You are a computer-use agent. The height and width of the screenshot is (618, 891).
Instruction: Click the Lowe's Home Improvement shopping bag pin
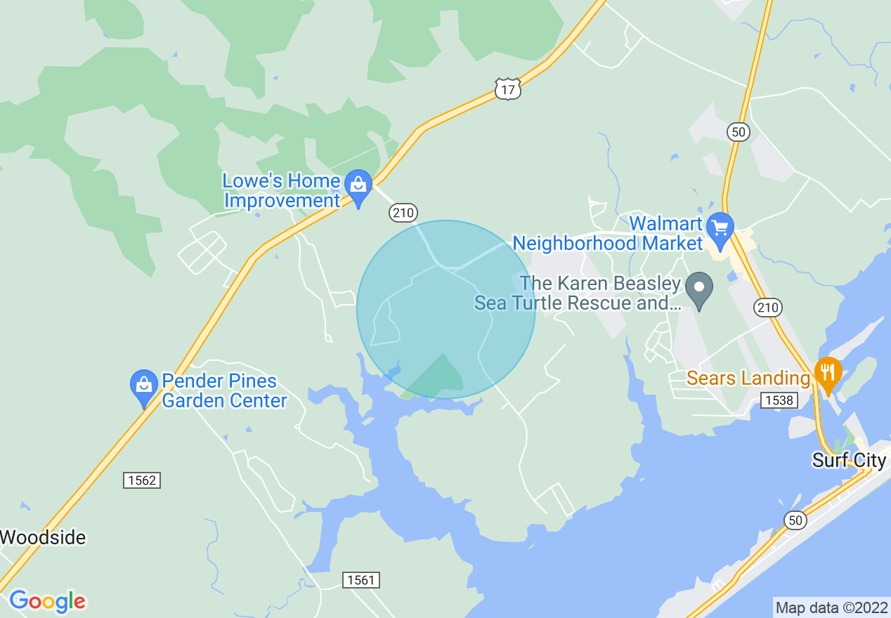coord(359,186)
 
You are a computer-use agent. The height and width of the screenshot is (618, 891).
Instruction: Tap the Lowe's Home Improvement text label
coord(281,191)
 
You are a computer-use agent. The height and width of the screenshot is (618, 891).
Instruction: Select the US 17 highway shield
coord(507,88)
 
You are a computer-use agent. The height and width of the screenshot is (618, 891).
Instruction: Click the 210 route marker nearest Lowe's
coord(403,212)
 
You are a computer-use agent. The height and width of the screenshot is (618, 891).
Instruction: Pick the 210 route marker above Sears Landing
coord(768,307)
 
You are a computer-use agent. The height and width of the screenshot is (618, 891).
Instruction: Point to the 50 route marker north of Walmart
coord(739,131)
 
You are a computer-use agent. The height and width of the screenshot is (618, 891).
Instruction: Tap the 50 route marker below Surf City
coord(794,520)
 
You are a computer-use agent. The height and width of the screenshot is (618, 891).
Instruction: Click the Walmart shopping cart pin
coord(720,229)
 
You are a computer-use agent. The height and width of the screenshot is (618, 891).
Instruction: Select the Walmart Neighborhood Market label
coord(609,234)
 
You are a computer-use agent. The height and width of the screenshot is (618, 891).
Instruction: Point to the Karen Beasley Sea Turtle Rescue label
coord(578,294)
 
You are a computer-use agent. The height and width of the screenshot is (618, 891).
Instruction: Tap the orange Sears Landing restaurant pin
coord(828,372)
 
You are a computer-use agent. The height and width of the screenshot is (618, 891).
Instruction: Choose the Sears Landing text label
coord(748,379)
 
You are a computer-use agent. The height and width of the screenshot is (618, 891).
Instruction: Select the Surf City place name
coord(849,461)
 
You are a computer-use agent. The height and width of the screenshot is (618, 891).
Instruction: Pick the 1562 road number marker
coord(142,480)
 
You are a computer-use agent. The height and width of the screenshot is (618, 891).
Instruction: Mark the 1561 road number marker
coord(362,580)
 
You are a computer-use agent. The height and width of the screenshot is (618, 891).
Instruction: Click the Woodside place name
coord(43,538)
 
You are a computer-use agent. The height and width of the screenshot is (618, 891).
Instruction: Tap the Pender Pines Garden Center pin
coord(144,386)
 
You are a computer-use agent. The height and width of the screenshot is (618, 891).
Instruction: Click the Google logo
coord(47,601)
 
